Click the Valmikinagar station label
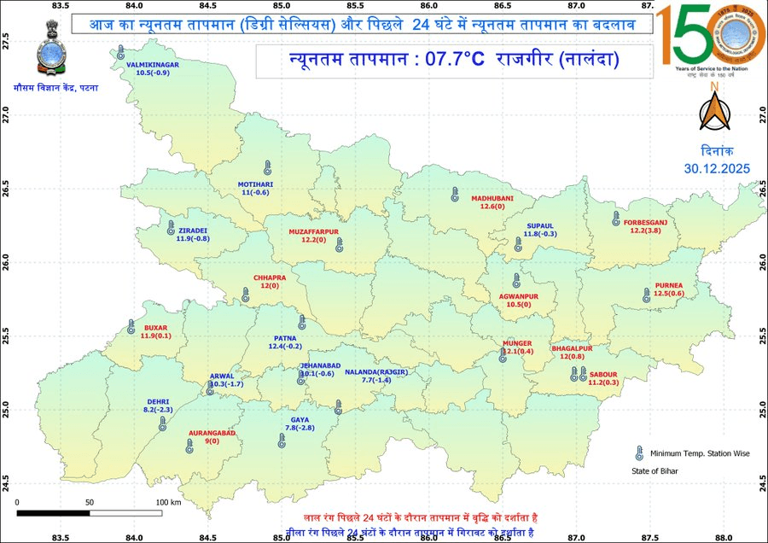pos(152,64)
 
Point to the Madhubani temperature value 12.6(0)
pos(491,207)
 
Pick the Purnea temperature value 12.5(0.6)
pos(668,294)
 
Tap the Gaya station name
pos(300,419)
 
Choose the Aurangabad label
pos(212,434)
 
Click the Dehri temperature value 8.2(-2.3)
pos(159,411)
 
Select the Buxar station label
pos(156,327)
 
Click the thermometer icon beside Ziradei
pos(171,229)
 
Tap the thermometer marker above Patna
pos(301,322)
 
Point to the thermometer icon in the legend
pos(637,452)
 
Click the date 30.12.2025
pos(717,168)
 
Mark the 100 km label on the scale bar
pos(169,502)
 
